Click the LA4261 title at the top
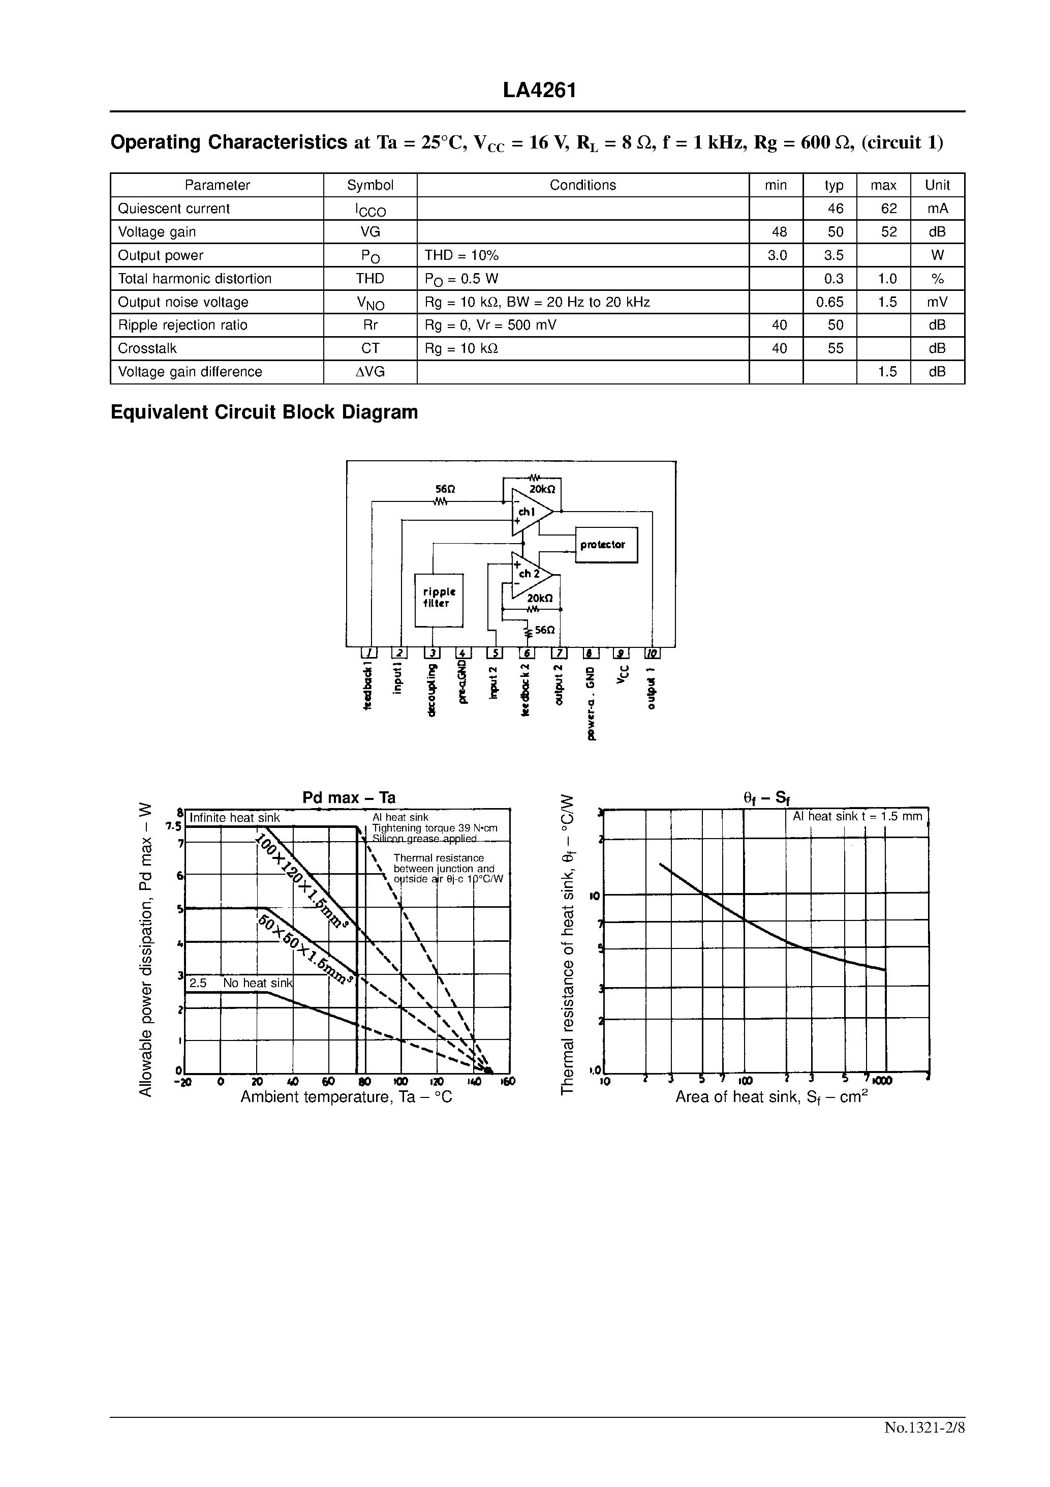coord(539,91)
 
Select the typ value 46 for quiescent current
coord(835,209)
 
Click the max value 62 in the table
coord(889,209)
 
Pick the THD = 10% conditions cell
coord(461,255)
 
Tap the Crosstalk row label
coord(147,348)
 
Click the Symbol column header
coord(369,185)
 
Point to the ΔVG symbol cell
coord(369,372)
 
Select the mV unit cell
coord(937,302)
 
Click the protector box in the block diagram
coord(606,545)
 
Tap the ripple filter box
coord(439,599)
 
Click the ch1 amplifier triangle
coord(529,512)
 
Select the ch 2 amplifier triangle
coord(529,575)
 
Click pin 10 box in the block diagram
coord(652,653)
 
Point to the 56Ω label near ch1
coord(441,490)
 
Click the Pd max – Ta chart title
coord(349,798)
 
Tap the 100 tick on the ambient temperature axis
coord(400,1081)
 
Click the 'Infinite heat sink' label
coord(234,818)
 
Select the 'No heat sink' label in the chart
coord(258,983)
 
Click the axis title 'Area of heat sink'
coord(770,1097)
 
